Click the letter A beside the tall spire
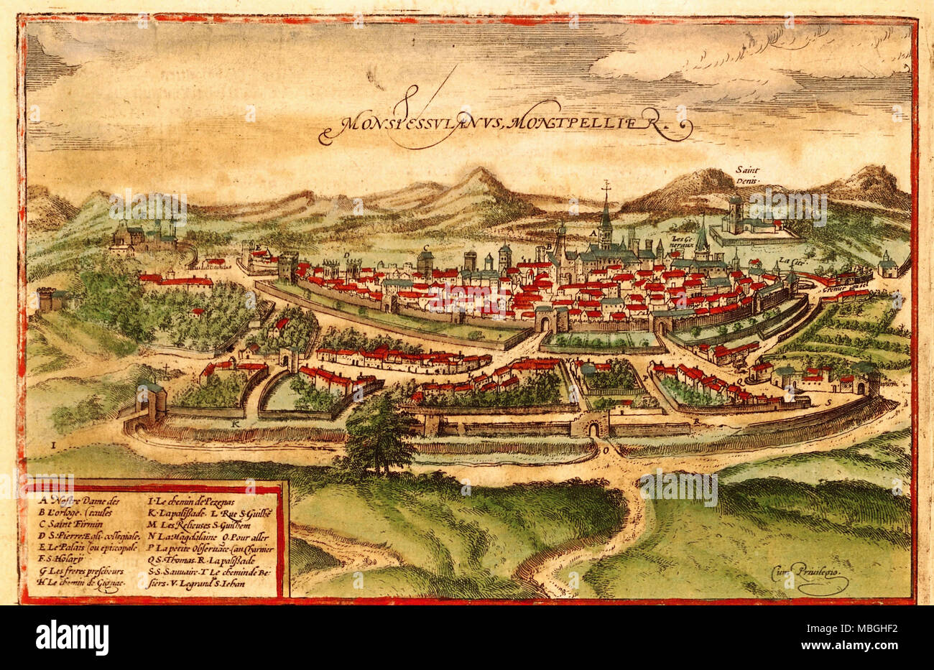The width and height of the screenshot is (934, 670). point(592,233)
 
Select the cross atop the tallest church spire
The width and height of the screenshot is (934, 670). point(606,185)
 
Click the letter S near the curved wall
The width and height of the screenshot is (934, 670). point(828,402)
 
